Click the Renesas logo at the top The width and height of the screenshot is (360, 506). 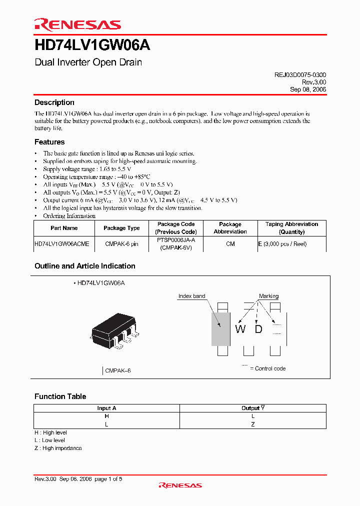point(77,24)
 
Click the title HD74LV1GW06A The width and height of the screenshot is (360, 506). point(92,45)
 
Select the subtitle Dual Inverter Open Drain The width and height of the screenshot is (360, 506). point(88,62)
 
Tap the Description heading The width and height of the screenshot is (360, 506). point(54,102)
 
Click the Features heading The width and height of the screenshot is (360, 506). point(49,142)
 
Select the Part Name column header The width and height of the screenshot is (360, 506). point(64,228)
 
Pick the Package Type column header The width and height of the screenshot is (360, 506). point(121,228)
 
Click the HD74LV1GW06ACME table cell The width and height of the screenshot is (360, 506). point(62,244)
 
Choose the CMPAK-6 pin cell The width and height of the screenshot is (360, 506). point(121,244)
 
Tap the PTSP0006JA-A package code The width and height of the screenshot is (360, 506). point(175,240)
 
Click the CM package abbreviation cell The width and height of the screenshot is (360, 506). point(230,244)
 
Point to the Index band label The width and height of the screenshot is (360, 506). point(191,296)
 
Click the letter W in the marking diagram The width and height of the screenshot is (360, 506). point(240,329)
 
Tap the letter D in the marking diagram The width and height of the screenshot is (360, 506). point(258,329)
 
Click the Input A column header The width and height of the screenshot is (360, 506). point(106,408)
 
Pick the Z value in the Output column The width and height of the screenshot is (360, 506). point(253,424)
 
